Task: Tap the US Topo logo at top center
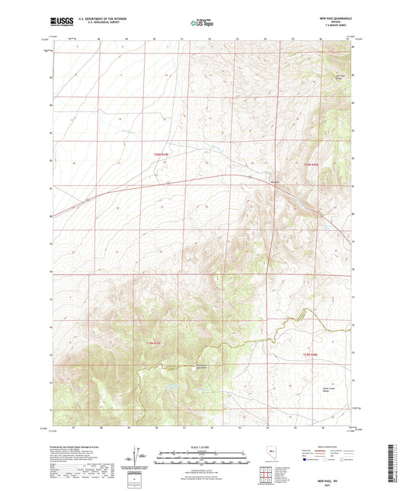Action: pos(202,24)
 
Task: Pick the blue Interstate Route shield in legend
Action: pos(307,461)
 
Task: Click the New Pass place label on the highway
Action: pos(274,181)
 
